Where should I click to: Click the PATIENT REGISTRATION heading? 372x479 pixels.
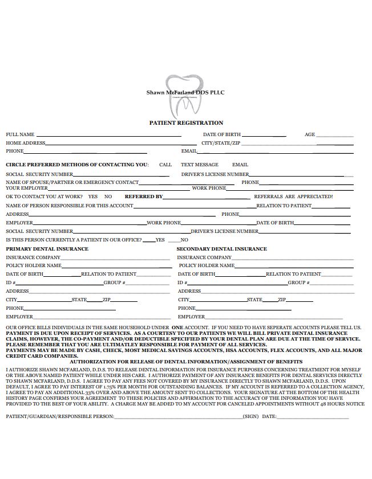[x=186, y=123]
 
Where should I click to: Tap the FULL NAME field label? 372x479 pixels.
[x=20, y=135]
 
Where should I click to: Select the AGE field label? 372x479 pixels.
[x=310, y=135]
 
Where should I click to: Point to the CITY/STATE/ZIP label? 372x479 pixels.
[x=221, y=144]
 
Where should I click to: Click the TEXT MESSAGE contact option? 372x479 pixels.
[x=200, y=165]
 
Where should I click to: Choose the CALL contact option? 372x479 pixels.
[x=165, y=165]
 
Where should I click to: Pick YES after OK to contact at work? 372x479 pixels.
[x=93, y=196]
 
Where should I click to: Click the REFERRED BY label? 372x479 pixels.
[x=144, y=196]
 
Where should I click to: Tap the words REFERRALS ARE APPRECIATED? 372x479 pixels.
[x=293, y=196]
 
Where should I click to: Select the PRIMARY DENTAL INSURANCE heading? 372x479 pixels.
[x=47, y=249]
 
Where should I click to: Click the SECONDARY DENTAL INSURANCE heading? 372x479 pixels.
[x=221, y=249]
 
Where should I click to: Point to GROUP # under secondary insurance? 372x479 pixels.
[x=298, y=283]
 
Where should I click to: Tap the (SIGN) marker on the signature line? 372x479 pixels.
[x=250, y=416]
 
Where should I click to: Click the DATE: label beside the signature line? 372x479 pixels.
[x=269, y=416]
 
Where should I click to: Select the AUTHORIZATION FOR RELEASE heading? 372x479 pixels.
[x=186, y=362]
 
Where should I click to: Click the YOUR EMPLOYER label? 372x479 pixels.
[x=27, y=187]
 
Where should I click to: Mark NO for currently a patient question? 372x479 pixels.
[x=184, y=240]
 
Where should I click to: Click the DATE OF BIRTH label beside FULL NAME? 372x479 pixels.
[x=222, y=135]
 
